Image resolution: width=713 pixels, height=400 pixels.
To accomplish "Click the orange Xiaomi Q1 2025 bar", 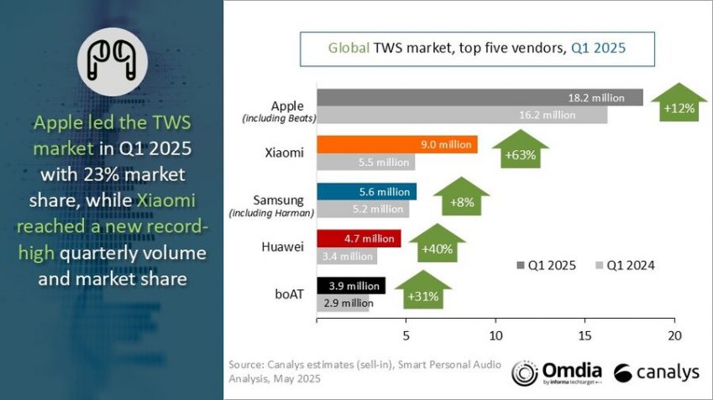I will pyautogui.click(x=396, y=145).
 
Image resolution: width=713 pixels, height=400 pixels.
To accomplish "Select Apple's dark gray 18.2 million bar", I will pyautogui.click(x=479, y=97).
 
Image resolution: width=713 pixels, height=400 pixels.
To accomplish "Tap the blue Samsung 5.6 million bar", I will pyautogui.click(x=366, y=192).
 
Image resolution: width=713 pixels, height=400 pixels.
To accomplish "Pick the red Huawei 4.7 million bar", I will pyautogui.click(x=358, y=239).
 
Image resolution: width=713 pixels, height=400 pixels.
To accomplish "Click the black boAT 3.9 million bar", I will pyautogui.click(x=350, y=286).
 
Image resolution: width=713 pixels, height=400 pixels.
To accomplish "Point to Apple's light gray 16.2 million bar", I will pyautogui.click(x=461, y=116).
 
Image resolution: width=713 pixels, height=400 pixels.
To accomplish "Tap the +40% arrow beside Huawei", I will pyautogui.click(x=438, y=245).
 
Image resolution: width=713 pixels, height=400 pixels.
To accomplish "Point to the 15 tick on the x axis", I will pyautogui.click(x=585, y=335).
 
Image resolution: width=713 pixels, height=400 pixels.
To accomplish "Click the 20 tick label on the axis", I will pyautogui.click(x=674, y=335).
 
